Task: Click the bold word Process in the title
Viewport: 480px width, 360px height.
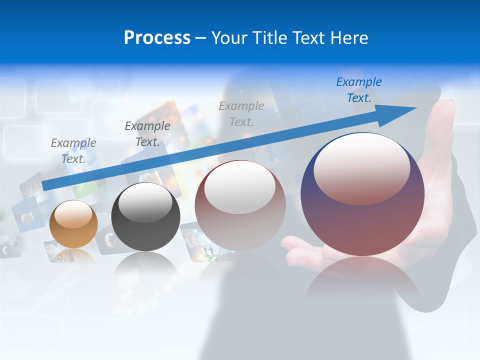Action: (x=157, y=38)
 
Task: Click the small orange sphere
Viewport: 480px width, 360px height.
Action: (x=73, y=224)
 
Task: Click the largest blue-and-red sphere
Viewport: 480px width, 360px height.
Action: (x=362, y=195)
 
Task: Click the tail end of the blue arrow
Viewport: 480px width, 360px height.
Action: (x=44, y=186)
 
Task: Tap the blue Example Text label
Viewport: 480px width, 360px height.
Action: (x=358, y=90)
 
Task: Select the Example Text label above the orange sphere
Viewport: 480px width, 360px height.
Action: (x=73, y=151)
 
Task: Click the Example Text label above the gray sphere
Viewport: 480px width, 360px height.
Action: (x=147, y=133)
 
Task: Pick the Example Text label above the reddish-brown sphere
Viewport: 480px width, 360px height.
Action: (x=241, y=113)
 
